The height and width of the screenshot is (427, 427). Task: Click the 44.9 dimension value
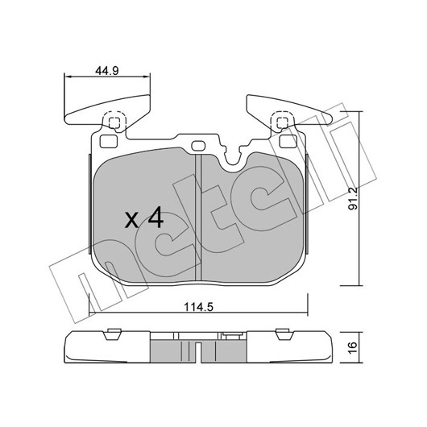106,71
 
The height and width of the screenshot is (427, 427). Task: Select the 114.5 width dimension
198,308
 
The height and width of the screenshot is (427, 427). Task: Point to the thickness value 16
352,347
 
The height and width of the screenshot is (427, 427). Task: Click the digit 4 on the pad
155,217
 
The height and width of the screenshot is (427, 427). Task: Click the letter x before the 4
132,220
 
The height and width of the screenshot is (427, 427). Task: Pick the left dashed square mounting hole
114,122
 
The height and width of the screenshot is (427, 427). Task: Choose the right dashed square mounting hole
283,122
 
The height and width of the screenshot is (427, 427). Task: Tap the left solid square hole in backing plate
109,142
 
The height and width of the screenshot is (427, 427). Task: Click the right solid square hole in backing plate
288,142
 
